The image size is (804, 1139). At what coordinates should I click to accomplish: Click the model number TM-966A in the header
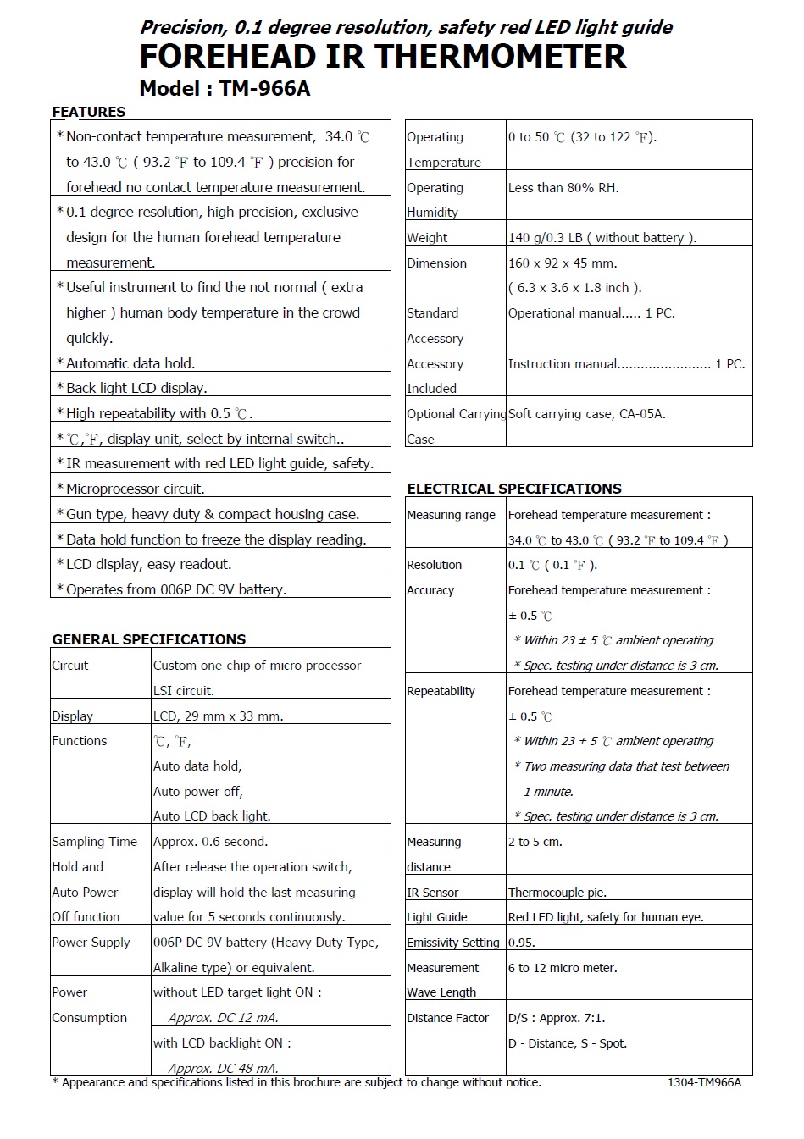coord(264,88)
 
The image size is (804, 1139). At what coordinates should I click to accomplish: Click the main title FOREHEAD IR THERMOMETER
coord(382,57)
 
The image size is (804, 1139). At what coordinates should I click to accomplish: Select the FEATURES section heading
coord(88,112)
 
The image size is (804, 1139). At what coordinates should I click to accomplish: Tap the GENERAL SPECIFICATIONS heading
coord(148,639)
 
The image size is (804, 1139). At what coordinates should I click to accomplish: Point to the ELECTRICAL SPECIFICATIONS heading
coord(514,489)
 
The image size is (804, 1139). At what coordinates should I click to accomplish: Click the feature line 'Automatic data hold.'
coord(130,363)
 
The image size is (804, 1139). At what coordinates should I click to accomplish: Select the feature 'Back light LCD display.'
coord(136,388)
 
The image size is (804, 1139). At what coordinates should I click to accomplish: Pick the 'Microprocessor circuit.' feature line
coord(135,489)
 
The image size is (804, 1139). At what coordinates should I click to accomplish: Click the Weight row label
coord(427,238)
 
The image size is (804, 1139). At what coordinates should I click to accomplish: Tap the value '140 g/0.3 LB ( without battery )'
coord(602,238)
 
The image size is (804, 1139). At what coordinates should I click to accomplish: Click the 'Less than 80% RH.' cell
coord(563,188)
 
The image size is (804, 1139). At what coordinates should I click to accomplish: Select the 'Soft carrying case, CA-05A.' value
coord(586,414)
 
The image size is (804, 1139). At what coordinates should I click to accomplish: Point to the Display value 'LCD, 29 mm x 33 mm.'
coord(218,716)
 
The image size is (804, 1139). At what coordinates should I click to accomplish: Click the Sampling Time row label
coord(94,842)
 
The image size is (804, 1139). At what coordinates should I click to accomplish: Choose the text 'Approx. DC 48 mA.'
coord(223,1068)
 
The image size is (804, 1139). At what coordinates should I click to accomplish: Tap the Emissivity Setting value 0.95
coord(521,943)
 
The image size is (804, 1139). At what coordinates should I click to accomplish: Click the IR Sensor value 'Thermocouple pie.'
coord(557,893)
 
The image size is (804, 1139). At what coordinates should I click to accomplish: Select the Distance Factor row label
coord(447,1018)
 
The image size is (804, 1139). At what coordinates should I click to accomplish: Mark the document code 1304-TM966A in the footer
coord(703,1082)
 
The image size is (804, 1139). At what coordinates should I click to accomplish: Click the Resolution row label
coord(434,565)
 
